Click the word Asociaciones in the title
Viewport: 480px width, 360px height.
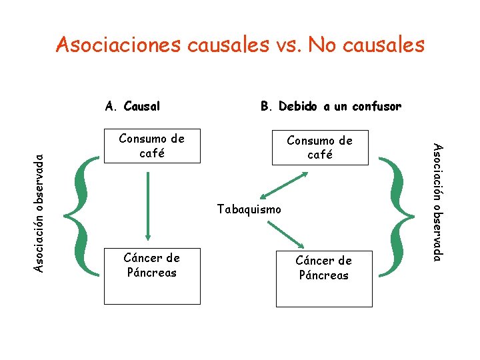(118, 45)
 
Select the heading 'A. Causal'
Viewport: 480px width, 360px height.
(133, 106)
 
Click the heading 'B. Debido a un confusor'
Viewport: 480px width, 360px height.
(331, 106)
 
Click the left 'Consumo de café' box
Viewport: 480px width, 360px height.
(152, 145)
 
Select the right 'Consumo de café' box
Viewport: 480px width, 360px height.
(320, 147)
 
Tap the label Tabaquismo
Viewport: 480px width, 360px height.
(249, 209)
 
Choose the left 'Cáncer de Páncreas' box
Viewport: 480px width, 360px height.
(152, 275)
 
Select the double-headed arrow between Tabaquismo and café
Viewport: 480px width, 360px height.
(284, 185)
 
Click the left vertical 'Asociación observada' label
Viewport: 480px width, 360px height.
(39, 211)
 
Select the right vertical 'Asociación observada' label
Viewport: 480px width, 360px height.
(437, 202)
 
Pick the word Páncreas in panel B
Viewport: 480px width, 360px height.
(324, 275)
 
